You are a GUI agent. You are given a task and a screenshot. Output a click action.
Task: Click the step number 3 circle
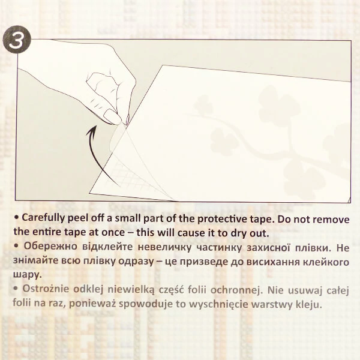pos(17,40)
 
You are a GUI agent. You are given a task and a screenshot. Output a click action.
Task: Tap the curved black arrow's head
pos(92,131)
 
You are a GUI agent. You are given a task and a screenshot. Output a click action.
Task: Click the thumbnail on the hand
pos(113,116)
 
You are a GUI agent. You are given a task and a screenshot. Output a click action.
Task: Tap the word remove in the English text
pos(331,220)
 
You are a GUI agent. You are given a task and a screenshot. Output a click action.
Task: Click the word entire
pos(47,232)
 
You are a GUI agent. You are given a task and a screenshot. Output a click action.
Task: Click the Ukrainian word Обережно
pos(50,247)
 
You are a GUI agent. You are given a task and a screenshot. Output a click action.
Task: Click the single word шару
pos(28,275)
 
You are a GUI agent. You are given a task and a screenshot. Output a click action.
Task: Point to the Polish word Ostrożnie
pos(46,289)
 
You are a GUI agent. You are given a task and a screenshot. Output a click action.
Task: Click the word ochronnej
pos(236,290)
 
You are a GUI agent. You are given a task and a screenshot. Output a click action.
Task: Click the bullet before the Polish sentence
pos(16,289)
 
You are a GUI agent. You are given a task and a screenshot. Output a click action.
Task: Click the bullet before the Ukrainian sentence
pos(16,246)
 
